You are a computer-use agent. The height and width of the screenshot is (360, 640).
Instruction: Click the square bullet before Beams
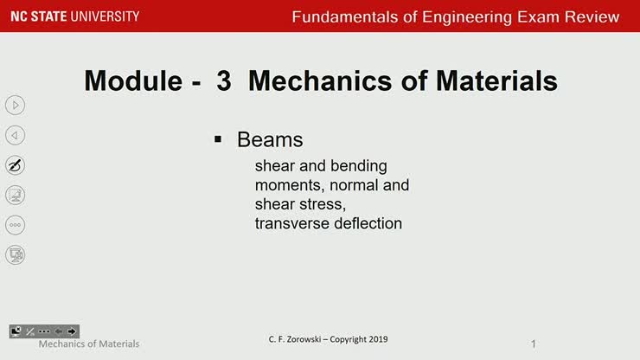[x=220, y=138]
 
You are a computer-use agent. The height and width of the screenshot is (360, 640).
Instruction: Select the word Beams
[x=270, y=139]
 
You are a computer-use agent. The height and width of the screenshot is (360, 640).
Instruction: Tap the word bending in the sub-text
[x=359, y=165]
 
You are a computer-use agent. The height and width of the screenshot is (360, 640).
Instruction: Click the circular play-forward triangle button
[x=15, y=106]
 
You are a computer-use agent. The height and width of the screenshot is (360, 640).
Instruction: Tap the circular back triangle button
[x=15, y=135]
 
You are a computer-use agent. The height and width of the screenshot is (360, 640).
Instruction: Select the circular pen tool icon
[x=15, y=164]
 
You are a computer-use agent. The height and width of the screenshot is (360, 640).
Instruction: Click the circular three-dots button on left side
[x=15, y=224]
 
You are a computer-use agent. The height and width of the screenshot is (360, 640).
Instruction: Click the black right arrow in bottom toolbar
[x=72, y=331]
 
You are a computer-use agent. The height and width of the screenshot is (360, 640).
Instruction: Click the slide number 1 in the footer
[x=534, y=344]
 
